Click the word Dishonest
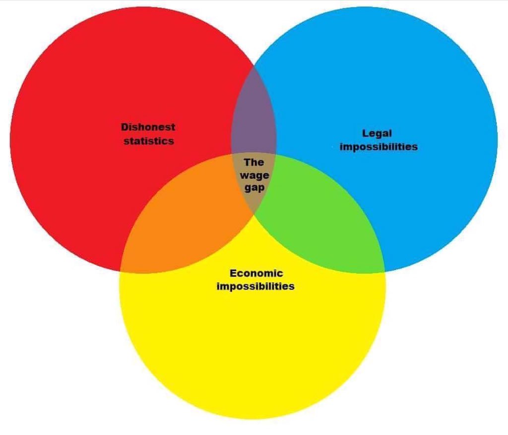coord(148,127)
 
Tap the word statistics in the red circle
coord(149,141)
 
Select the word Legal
coord(377,133)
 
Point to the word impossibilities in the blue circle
coord(379,147)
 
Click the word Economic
coord(256,273)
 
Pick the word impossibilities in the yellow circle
coord(255,287)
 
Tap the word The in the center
coord(254,162)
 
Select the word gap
coord(254,188)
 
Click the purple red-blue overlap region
coord(254,119)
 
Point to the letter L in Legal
coord(365,133)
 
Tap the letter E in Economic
coord(233,273)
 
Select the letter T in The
coord(247,162)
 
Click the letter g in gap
coord(247,189)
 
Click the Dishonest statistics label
coord(148,134)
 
